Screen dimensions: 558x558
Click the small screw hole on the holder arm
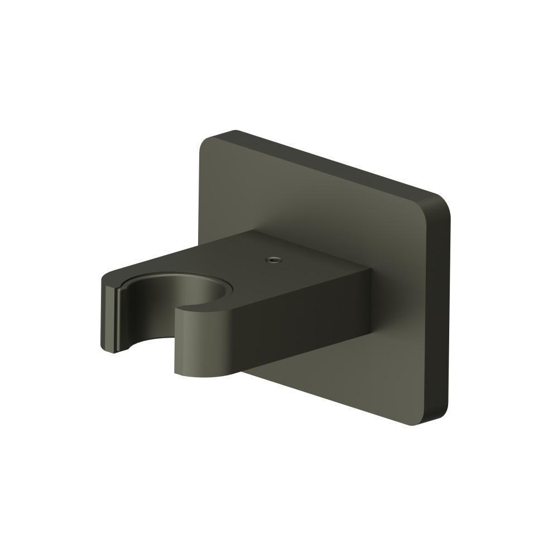coord(273,259)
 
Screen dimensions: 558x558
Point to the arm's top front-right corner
coord(370,270)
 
